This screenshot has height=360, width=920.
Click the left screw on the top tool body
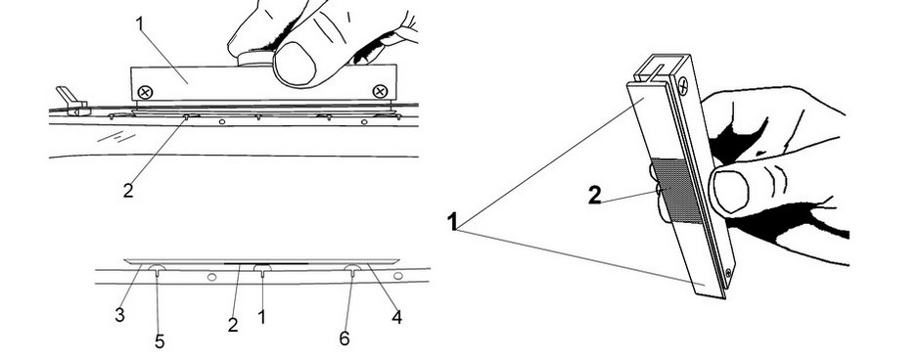144,91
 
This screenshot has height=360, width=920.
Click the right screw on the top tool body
380,91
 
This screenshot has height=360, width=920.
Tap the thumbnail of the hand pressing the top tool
296,64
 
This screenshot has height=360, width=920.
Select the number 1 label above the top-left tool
140,24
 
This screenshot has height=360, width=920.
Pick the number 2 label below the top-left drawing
128,191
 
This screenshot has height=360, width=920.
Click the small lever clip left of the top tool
71,101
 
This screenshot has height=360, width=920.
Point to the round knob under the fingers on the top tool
256,58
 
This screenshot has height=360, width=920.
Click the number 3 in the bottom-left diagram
119,315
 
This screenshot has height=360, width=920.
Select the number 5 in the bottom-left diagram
160,341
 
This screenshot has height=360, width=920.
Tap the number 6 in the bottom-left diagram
344,338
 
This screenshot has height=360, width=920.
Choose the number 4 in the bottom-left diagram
396,317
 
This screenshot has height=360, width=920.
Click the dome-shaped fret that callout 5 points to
158,269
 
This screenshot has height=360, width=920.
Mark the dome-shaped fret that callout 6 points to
352,269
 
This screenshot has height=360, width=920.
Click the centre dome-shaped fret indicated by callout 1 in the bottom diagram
262,269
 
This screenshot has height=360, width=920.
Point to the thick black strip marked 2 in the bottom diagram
266,264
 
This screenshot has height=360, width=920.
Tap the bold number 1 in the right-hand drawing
452,222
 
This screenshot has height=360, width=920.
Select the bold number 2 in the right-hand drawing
595,196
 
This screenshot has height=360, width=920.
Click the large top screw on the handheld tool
683,88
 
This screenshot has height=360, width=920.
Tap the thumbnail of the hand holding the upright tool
729,191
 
